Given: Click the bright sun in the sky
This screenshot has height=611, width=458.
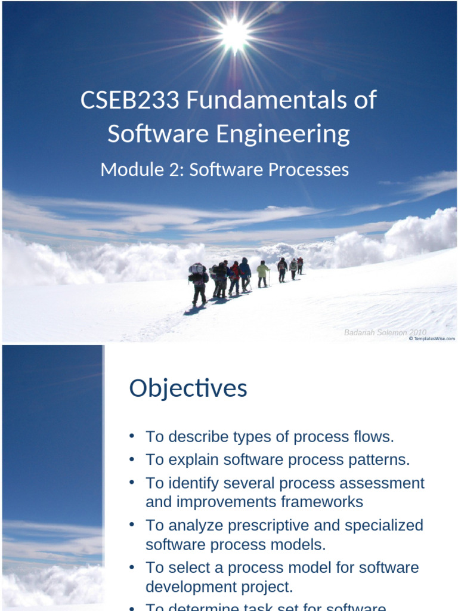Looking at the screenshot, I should coord(234,33).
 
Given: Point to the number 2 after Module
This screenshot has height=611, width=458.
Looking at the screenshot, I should coord(178,170).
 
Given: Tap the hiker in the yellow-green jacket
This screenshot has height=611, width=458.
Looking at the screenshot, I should coord(262,273).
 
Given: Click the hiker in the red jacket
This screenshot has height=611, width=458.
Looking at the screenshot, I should coord(235,276).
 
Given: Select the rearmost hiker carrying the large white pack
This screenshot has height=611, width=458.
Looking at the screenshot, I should coord(197,282).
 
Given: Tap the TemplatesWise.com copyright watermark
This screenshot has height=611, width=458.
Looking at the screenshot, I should coord(432,339).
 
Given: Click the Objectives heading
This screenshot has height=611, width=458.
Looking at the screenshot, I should coord(188,388).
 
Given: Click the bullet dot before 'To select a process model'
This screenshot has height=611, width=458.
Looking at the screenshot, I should coord(132,566).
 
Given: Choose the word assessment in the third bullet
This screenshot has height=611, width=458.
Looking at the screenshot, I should coord(386,483).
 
